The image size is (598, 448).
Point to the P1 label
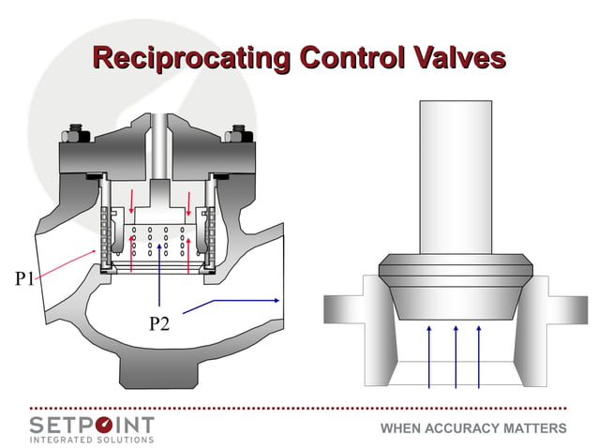(26, 279)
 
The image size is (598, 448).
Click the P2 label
(162, 324)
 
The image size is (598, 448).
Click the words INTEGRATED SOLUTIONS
(92, 439)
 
